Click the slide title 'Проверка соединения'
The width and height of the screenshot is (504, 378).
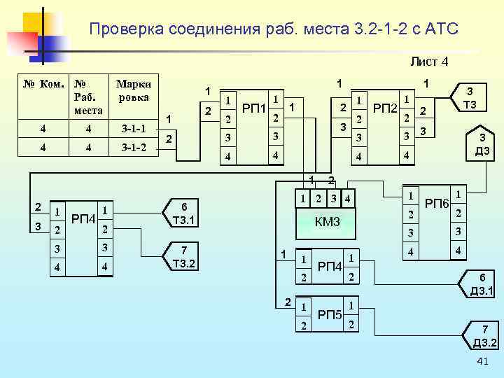tap(274, 29)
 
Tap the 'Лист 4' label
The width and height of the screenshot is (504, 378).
tap(429, 62)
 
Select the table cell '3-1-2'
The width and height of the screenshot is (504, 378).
tap(133, 148)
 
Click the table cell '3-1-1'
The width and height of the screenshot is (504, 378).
tap(133, 128)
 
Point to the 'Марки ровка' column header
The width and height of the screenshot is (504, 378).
tap(133, 91)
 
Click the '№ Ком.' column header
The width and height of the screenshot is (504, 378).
tap(45, 85)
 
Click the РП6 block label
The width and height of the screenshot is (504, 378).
tap(436, 204)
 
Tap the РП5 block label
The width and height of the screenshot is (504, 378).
tap(330, 314)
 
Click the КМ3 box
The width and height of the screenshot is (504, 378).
tap(327, 222)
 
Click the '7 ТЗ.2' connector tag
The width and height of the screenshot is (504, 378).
tap(183, 257)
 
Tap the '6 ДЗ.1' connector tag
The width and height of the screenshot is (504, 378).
tap(482, 284)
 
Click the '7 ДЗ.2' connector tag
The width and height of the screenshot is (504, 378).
tap(484, 336)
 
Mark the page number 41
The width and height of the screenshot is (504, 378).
tap(482, 361)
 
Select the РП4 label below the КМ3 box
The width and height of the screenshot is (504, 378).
tap(329, 267)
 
